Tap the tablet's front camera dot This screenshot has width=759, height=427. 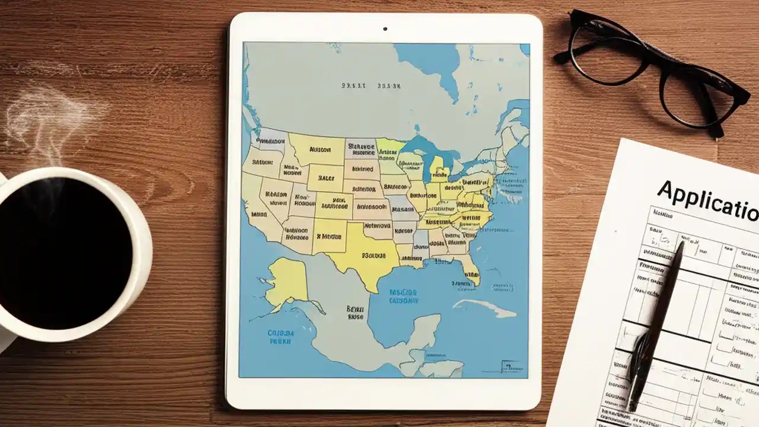coord(385,28)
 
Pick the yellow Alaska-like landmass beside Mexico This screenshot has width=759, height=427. coord(288,281)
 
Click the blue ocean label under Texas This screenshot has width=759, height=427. coord(403,297)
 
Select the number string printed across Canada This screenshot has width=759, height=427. coord(371,86)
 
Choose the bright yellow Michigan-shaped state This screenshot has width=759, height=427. coord(439,169)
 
